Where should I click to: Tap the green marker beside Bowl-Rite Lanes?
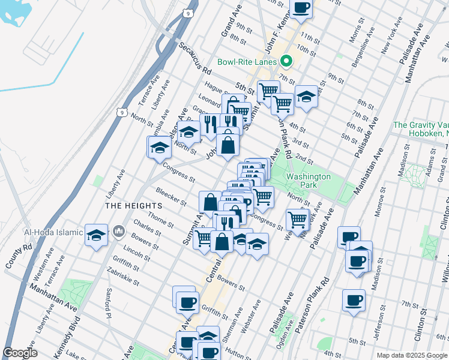point(287,61)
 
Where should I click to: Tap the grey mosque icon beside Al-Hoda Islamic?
point(119,230)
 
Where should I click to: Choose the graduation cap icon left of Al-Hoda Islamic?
point(96,235)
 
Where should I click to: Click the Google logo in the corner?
point(20,352)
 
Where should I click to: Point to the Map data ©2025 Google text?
point(411,355)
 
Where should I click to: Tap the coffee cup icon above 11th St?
point(301,8)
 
